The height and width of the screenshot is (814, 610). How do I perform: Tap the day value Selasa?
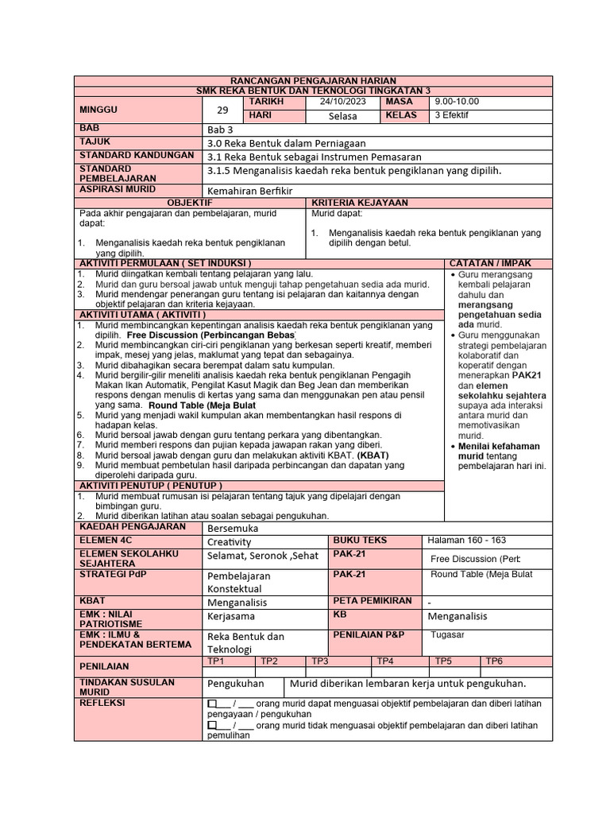coord(342,116)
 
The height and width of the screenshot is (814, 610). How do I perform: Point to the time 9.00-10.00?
coord(457,103)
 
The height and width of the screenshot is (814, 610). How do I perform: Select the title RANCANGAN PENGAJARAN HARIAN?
coord(313,81)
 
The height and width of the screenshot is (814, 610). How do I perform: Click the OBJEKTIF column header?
coord(190,203)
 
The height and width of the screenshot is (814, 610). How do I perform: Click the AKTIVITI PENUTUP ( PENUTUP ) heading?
coord(150,485)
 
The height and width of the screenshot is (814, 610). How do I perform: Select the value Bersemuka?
coord(233,528)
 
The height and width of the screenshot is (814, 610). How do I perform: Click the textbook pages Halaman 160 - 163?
coord(466,541)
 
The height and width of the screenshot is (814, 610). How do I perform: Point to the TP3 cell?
coord(319,661)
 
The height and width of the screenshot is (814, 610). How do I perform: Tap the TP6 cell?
coord(494,661)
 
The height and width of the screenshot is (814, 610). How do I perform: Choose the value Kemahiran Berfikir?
coord(250,192)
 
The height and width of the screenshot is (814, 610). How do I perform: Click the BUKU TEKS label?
coord(359,541)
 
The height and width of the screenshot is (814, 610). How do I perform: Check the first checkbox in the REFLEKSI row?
coord(212,704)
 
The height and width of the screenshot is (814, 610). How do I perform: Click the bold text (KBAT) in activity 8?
coord(373,455)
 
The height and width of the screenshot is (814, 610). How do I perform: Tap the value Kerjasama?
coord(231,616)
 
